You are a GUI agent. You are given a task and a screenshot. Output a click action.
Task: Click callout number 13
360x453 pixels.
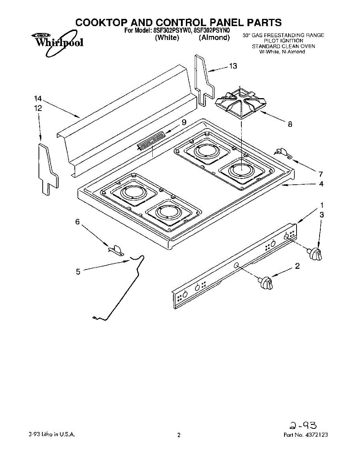point(233,66)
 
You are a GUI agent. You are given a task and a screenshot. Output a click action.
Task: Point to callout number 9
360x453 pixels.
point(184,122)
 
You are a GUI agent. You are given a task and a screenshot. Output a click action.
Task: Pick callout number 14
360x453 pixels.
point(37,99)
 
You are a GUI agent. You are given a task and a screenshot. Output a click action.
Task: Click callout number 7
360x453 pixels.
point(321,174)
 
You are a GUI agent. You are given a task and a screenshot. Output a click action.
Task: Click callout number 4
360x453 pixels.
point(321,184)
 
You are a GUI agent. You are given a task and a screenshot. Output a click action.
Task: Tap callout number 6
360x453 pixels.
point(77,222)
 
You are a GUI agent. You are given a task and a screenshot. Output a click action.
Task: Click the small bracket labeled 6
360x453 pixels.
point(116,250)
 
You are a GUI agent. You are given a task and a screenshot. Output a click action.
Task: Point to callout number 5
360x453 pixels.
point(78,271)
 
